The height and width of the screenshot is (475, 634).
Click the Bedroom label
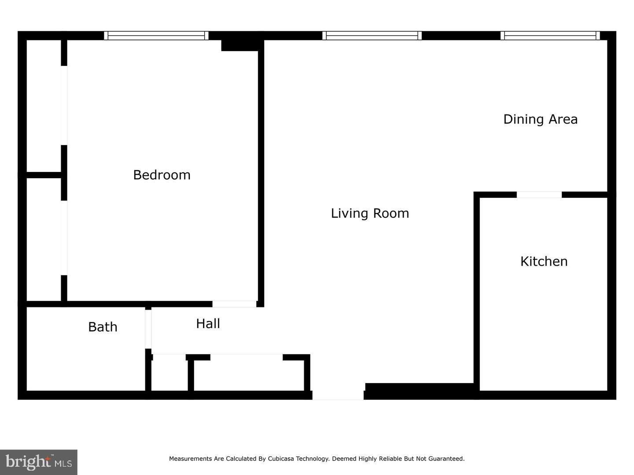162,175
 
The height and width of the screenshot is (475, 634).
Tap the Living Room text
370,213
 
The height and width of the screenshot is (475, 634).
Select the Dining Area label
540,119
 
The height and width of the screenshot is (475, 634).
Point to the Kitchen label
544,261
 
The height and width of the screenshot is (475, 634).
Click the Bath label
103,327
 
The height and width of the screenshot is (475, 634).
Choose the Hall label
208,324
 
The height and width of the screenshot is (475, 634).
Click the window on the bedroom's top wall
156,36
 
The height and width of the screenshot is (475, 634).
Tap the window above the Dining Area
550,36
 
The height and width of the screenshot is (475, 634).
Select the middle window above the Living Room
372,36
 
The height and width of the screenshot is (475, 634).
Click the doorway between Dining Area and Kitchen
539,194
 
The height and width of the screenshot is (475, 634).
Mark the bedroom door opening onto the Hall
234,304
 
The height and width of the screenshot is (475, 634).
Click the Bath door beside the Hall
148,329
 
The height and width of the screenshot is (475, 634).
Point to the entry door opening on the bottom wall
338,395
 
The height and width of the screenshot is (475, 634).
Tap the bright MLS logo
39,462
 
